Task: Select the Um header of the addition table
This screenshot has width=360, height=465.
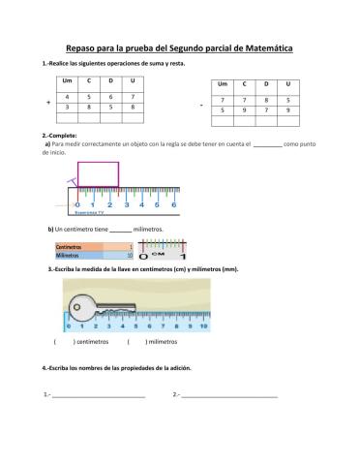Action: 67,79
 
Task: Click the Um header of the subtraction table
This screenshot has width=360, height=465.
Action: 224,84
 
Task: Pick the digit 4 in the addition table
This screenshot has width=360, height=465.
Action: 67,97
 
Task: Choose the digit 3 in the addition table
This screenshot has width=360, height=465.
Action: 67,108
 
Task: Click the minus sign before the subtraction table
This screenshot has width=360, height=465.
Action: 200,106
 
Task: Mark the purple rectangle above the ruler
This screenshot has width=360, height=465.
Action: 98,174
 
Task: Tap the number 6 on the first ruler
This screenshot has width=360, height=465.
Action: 173,204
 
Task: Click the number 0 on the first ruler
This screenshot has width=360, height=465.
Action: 77,204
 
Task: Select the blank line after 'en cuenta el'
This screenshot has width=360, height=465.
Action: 267,143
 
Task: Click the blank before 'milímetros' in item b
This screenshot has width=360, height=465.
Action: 119,230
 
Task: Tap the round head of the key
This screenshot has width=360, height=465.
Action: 82,305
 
